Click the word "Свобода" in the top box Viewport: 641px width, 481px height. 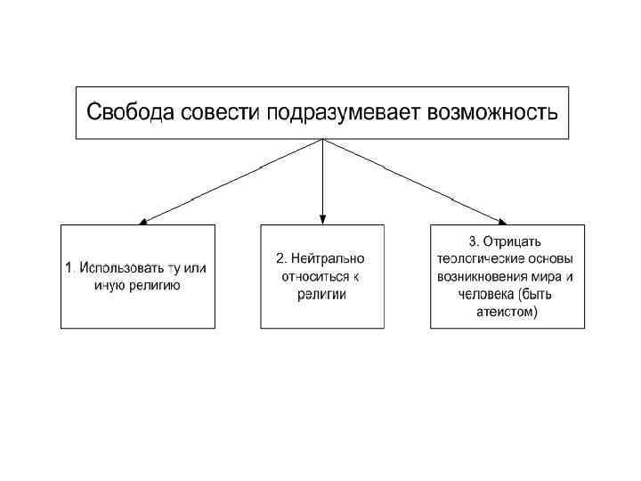[128, 113]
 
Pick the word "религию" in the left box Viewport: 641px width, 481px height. [157, 285]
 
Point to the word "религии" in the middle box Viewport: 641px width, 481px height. [322, 294]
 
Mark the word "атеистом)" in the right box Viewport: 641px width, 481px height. [507, 313]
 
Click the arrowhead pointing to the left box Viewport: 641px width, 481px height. [145, 220]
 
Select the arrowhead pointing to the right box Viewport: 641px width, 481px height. [503, 220]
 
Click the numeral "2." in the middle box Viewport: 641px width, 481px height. [281, 258]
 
